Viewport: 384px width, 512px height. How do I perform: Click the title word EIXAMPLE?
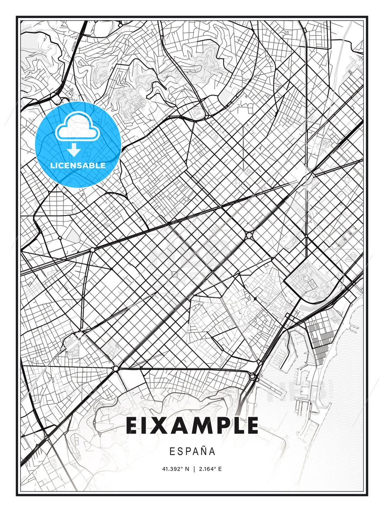pyautogui.click(x=192, y=426)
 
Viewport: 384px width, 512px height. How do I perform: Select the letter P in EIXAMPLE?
pyautogui.click(x=219, y=426)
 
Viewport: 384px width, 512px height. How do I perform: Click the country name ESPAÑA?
pyautogui.click(x=192, y=452)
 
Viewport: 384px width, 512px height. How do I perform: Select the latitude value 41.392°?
pyautogui.click(x=172, y=469)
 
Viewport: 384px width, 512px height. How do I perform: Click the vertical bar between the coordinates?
pyautogui.click(x=194, y=469)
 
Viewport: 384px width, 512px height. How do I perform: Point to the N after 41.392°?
pyautogui.click(x=187, y=469)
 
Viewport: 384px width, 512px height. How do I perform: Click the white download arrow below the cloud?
pyautogui.click(x=74, y=150)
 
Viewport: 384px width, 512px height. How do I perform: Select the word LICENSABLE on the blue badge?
pyautogui.click(x=78, y=165)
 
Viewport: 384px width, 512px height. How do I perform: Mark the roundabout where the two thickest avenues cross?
pyautogui.click(x=249, y=235)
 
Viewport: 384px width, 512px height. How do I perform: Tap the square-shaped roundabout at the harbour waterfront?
pyautogui.click(x=253, y=376)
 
